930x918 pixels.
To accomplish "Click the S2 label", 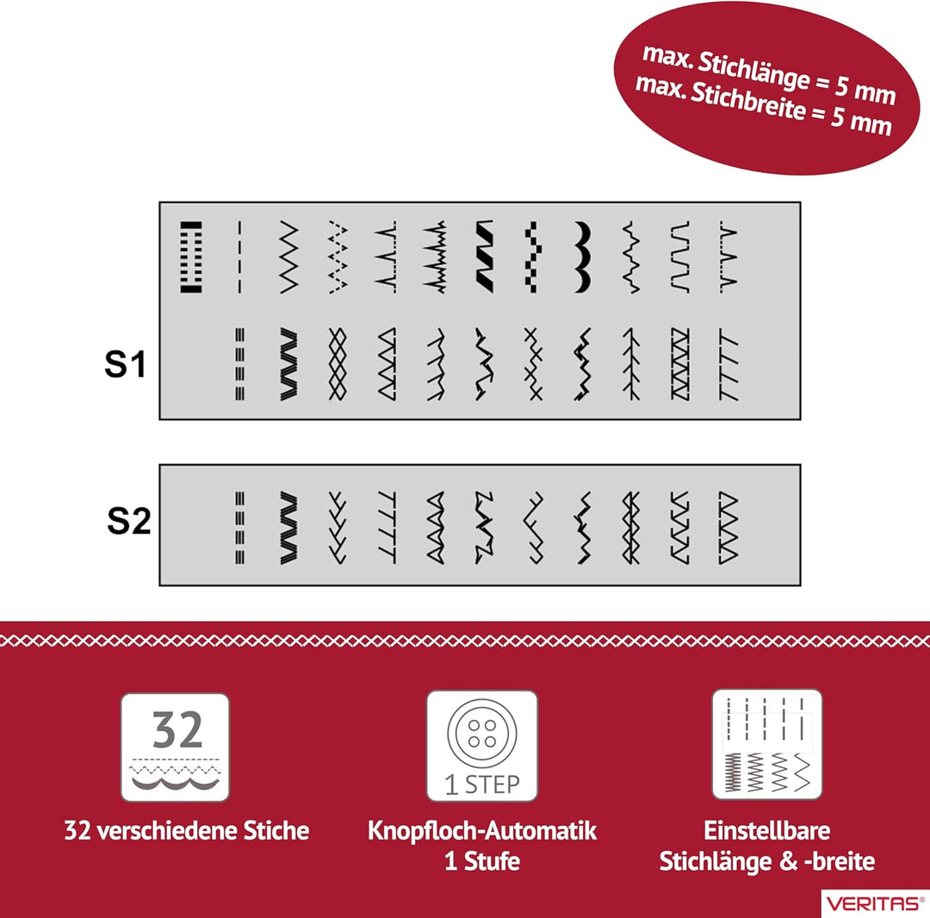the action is (128, 520).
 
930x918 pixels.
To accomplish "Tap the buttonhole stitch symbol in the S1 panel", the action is (191, 257).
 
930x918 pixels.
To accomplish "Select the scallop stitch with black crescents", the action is (582, 257).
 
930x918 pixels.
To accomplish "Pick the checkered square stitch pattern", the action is (533, 257).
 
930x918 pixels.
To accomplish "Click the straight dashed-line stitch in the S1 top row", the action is (239, 257).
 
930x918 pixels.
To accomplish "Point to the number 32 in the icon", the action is (177, 729).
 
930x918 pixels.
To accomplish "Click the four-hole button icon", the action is (481, 733).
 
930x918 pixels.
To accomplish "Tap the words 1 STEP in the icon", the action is (481, 785).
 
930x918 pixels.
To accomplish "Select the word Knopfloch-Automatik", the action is (481, 831).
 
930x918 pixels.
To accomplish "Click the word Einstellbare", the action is (767, 830).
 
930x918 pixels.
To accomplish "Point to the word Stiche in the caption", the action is (276, 830).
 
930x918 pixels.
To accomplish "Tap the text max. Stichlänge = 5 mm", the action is (769, 75).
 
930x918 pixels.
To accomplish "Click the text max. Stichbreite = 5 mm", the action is (763, 107).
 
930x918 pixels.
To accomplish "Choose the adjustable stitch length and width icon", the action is (767, 744).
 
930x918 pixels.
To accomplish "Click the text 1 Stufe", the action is (481, 861).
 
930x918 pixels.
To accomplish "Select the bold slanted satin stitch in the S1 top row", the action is (484, 257).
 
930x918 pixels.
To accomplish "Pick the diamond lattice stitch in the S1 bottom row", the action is (338, 363).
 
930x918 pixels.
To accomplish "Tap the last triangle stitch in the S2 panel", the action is (728, 527).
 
